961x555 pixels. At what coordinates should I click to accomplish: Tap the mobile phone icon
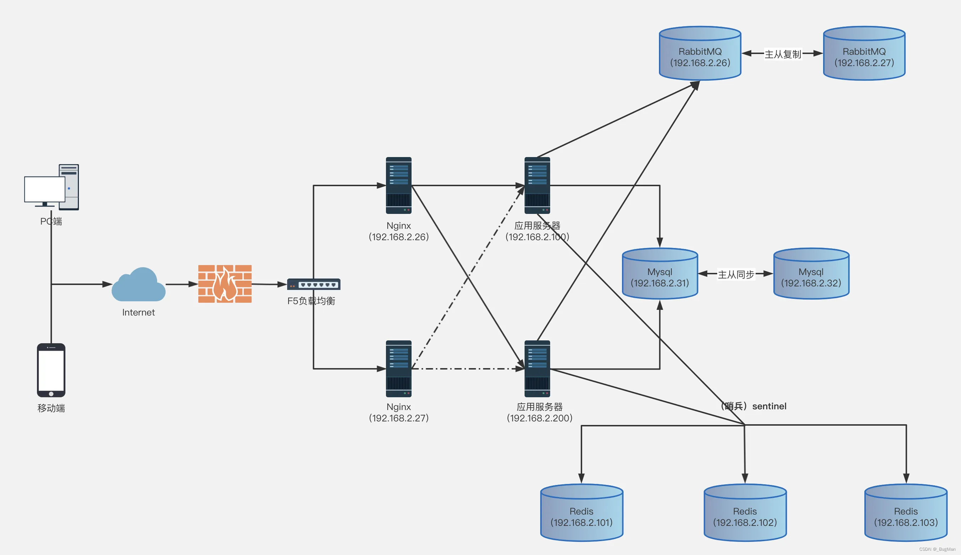[x=51, y=370]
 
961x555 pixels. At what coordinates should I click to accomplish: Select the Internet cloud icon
[x=138, y=285]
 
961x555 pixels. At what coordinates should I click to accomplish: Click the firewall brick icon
[x=225, y=284]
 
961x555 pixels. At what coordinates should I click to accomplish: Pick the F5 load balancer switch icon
[x=314, y=284]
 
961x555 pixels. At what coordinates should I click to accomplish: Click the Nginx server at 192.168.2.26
[x=399, y=185]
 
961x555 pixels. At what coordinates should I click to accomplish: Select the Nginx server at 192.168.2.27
[x=399, y=368]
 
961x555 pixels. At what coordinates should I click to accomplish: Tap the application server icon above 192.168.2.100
[x=537, y=185]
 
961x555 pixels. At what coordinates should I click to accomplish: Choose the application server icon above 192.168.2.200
[x=537, y=368]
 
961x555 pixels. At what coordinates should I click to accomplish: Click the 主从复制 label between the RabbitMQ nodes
[x=783, y=54]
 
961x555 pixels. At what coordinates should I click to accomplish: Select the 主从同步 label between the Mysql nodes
[x=736, y=274]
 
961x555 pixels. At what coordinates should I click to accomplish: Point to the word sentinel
[x=769, y=406]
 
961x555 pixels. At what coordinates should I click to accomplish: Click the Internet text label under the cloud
[x=138, y=313]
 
